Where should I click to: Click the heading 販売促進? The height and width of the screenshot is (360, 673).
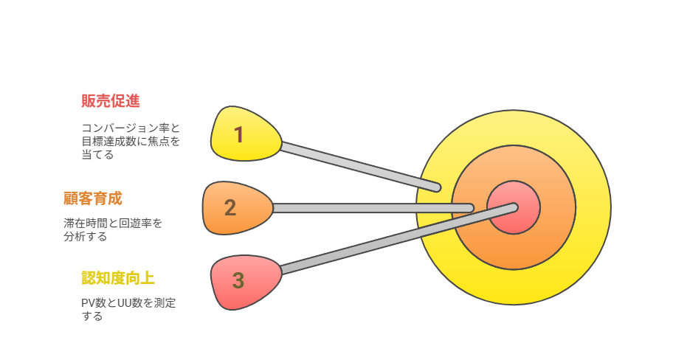(111, 101)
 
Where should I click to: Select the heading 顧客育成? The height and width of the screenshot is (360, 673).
(93, 198)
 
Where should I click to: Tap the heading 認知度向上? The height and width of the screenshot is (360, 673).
(118, 278)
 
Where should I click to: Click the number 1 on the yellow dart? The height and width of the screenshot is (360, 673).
(239, 135)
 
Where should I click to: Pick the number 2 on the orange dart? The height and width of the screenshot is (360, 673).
(230, 208)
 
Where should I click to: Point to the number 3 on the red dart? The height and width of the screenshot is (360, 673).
(238, 280)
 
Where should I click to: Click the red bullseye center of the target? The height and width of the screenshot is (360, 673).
(514, 208)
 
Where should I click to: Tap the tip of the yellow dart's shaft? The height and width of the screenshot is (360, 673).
(438, 187)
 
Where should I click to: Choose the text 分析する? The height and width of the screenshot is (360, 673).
(85, 236)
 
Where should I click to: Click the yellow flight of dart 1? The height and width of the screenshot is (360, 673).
(246, 134)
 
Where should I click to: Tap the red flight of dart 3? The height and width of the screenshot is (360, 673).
(246, 283)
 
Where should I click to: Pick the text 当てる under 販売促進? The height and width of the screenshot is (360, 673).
(97, 154)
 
